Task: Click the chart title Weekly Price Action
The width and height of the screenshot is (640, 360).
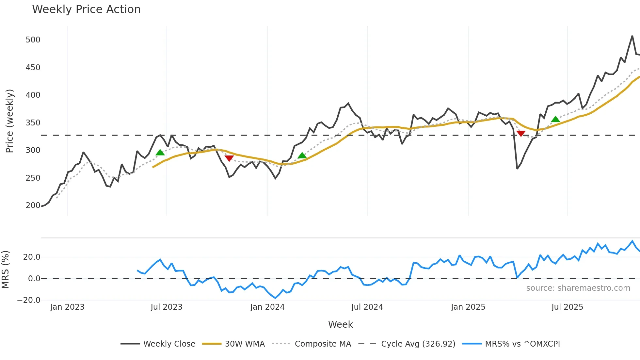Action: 86,9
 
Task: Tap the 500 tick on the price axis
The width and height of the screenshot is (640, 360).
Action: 33,40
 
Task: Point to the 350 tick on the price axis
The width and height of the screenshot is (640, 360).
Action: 33,123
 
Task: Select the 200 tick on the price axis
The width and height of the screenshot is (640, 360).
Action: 33,205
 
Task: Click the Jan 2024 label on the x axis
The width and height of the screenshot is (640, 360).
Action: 267,307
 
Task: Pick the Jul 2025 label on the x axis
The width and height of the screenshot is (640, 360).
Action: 567,307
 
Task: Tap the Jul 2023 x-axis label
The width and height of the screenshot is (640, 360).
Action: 167,307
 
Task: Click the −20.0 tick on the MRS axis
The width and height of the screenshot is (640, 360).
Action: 29,300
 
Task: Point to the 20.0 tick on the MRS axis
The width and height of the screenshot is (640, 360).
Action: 32,257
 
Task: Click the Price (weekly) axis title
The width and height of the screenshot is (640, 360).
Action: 10,121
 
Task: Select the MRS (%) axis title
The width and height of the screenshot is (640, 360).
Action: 5,270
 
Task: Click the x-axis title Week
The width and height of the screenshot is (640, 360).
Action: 340,324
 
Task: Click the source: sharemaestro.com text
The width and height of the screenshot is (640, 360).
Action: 578,288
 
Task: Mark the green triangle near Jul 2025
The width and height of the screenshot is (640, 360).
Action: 555,119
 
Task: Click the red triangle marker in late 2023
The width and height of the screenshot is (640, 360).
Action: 229,158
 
